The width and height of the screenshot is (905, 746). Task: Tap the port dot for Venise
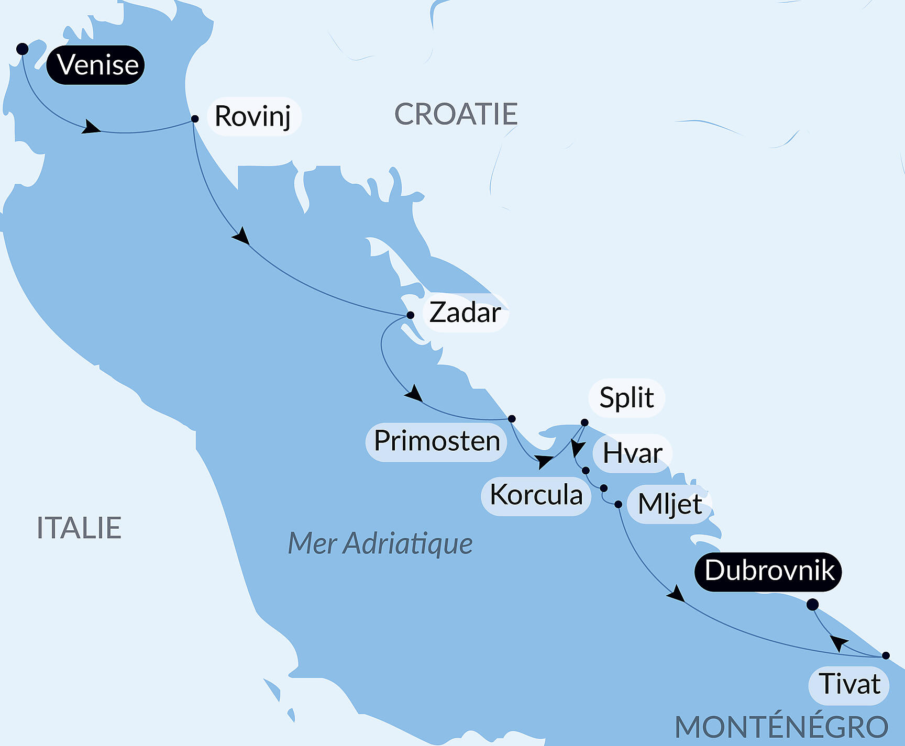point(22,49)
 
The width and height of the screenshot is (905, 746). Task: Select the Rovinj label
point(253,116)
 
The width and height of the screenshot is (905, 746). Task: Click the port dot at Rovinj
point(195,119)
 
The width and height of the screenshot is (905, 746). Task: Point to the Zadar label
point(465,313)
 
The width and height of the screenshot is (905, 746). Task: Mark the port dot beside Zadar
point(411,315)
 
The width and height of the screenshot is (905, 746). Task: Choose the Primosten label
point(436,441)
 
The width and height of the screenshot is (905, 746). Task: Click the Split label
point(626,398)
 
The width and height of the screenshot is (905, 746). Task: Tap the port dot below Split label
point(584,422)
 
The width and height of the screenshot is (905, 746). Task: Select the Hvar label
point(632,453)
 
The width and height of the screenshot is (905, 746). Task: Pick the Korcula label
point(536,495)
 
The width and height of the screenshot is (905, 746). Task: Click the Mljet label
point(669,505)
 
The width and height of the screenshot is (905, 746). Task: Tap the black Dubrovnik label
point(768,571)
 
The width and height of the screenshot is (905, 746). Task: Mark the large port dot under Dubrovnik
point(812,605)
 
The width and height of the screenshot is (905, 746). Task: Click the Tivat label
point(849,685)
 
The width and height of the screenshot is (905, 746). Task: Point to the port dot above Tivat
point(886,655)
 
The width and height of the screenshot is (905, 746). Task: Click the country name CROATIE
point(456,114)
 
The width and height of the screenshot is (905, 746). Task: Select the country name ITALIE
point(79,528)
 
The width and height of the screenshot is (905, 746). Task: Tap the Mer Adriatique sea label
point(380,543)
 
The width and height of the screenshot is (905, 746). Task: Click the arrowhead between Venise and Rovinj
point(91,127)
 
